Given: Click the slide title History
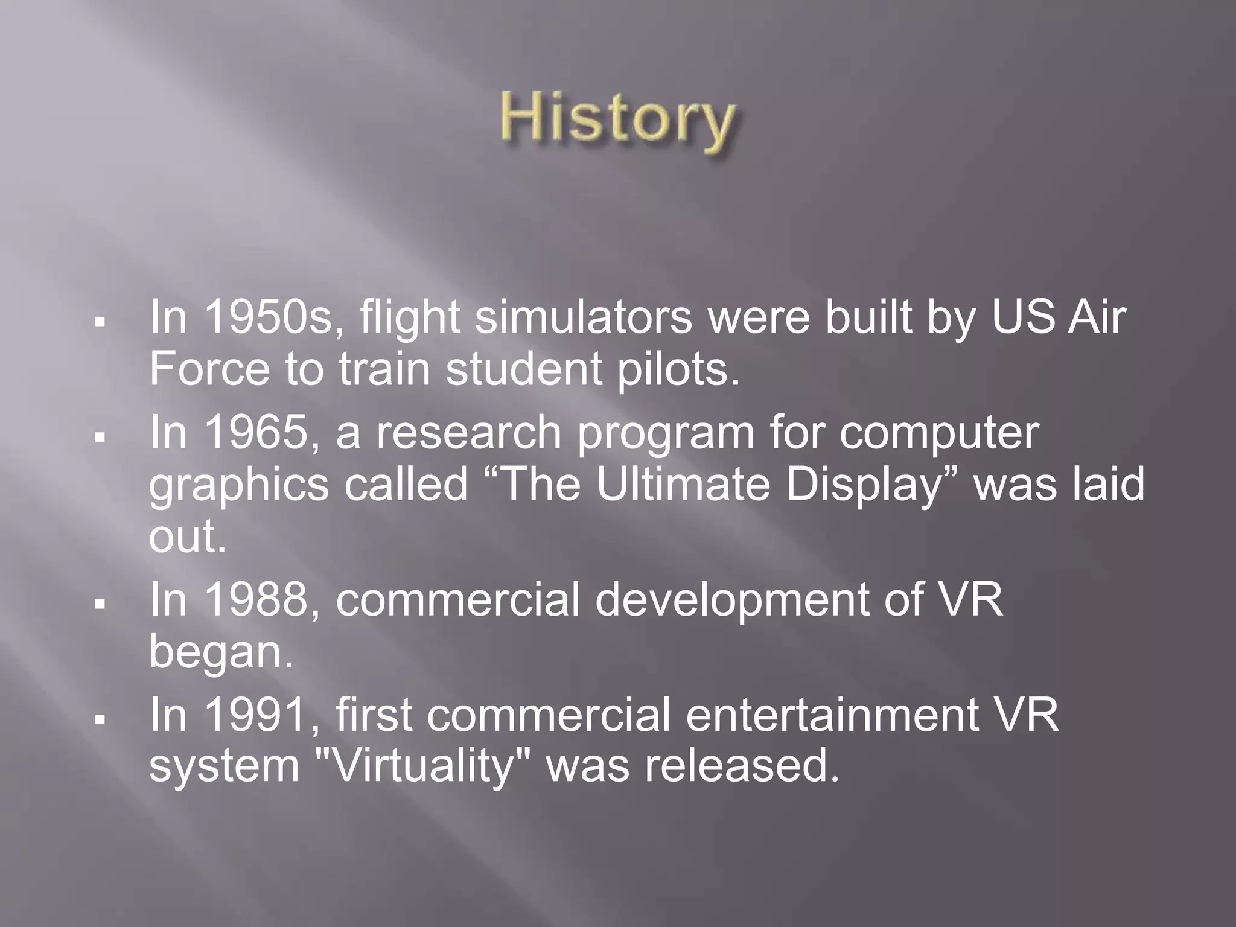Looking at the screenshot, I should point(617,120).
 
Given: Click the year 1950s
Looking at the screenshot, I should point(268,317).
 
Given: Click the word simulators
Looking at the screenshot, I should point(583,317).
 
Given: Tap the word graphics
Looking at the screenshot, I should point(238,485).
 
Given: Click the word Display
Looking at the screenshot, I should point(864,485).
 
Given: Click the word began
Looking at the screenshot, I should point(221,653).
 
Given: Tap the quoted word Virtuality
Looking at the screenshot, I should point(423,766).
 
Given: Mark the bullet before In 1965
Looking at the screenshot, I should point(100,435).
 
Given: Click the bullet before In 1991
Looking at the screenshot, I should point(100,718).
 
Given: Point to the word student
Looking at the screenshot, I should point(524,369).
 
